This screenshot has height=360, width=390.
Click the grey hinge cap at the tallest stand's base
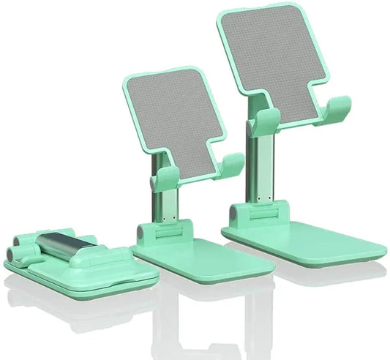click(235, 214)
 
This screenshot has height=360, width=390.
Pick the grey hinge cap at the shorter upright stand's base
click(140, 232)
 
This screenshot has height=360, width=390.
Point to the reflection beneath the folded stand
click(80, 307)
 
